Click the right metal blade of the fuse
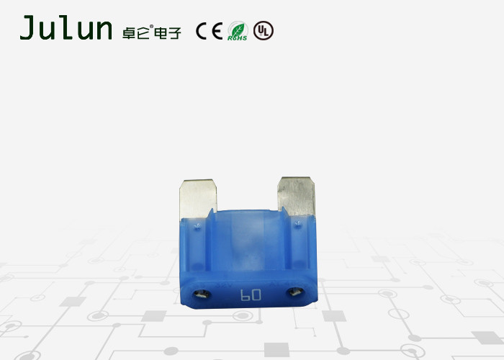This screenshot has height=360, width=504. [x=297, y=196]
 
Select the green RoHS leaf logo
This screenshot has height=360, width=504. [x=238, y=31]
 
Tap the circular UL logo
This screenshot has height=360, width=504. [x=264, y=31]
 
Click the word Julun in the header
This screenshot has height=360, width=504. [x=66, y=29]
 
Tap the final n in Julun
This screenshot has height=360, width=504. [x=102, y=31]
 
